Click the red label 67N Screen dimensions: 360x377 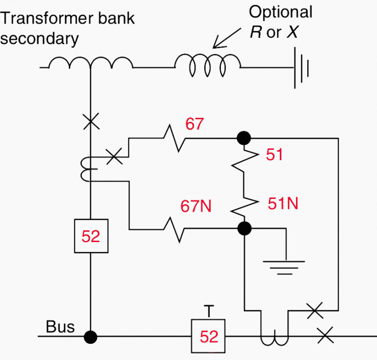(x=196, y=207)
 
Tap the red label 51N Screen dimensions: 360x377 (x=283, y=203)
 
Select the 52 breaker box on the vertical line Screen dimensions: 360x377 (x=91, y=236)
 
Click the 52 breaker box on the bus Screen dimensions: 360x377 (x=209, y=336)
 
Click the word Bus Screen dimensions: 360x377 (x=60, y=327)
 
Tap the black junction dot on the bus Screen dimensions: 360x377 (x=91, y=337)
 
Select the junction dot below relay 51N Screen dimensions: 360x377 (x=244, y=228)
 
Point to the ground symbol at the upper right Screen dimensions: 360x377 (x=300, y=68)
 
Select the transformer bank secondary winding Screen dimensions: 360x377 (x=90, y=64)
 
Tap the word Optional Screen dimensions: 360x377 (x=280, y=12)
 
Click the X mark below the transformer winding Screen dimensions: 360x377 (x=91, y=121)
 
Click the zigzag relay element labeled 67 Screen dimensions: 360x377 (x=174, y=138)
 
